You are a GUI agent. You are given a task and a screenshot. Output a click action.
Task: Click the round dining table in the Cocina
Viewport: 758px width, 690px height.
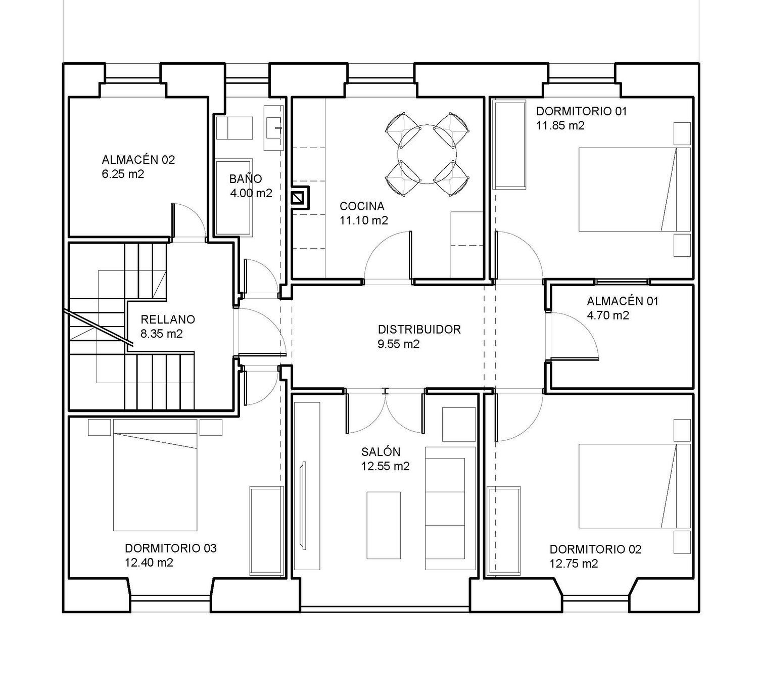[x=427, y=154]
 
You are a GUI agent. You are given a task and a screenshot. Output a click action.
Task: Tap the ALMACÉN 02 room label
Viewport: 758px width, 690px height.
[x=138, y=160]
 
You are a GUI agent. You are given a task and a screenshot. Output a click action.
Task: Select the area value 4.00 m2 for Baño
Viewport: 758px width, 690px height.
[x=251, y=193]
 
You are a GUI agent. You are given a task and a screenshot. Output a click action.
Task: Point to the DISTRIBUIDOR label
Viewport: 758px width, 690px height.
[x=419, y=329]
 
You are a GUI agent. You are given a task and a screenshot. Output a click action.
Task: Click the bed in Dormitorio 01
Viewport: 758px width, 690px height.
[x=634, y=190]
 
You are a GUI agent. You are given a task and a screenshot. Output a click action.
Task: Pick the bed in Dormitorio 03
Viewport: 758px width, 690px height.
[x=155, y=475]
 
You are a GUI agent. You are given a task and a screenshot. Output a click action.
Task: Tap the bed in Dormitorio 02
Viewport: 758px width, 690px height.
[x=634, y=486]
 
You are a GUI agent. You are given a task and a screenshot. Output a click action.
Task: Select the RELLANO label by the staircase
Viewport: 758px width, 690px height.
[x=168, y=319]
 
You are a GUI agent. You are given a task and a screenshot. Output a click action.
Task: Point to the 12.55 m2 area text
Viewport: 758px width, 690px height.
[x=386, y=466]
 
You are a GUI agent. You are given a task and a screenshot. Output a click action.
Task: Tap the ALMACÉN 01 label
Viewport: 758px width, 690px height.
[x=623, y=301]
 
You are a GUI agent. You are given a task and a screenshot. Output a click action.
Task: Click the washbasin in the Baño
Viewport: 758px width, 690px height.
[x=273, y=128]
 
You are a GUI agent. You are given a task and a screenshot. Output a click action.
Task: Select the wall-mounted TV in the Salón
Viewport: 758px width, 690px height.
[x=303, y=505]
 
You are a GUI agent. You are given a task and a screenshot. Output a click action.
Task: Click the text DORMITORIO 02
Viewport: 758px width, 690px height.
[x=595, y=549]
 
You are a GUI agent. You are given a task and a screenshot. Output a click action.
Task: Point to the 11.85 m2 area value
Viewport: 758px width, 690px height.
[x=560, y=125]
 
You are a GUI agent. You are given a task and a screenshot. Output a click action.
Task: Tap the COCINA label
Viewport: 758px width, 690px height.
[x=362, y=206]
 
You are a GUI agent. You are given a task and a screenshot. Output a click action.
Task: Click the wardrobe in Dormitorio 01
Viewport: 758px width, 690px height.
[x=510, y=144]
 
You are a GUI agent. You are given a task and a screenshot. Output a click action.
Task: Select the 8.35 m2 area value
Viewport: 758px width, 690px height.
[x=162, y=334]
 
